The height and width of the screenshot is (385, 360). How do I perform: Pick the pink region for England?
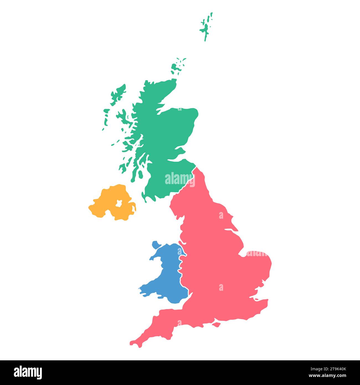click(216, 263)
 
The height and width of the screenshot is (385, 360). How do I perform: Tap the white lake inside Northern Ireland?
click(119, 203)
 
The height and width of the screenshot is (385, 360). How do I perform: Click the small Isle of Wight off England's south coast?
click(216, 324)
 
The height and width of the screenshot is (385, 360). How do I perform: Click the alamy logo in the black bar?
click(28, 373)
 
